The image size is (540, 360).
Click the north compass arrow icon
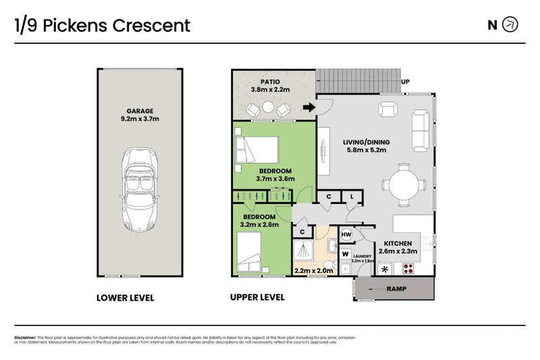511,25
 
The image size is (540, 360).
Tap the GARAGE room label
140,111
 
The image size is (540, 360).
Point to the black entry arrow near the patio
309,107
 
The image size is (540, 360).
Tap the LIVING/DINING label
367,142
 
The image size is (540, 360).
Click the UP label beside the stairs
406,82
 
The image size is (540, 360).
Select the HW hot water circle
346,234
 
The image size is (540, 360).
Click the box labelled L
352,197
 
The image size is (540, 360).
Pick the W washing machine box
346,254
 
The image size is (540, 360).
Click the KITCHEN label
398,243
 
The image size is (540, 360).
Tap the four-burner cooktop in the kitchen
408,268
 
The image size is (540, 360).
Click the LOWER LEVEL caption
126,297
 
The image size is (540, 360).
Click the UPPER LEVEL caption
257,297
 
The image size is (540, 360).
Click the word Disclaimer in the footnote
25,337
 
